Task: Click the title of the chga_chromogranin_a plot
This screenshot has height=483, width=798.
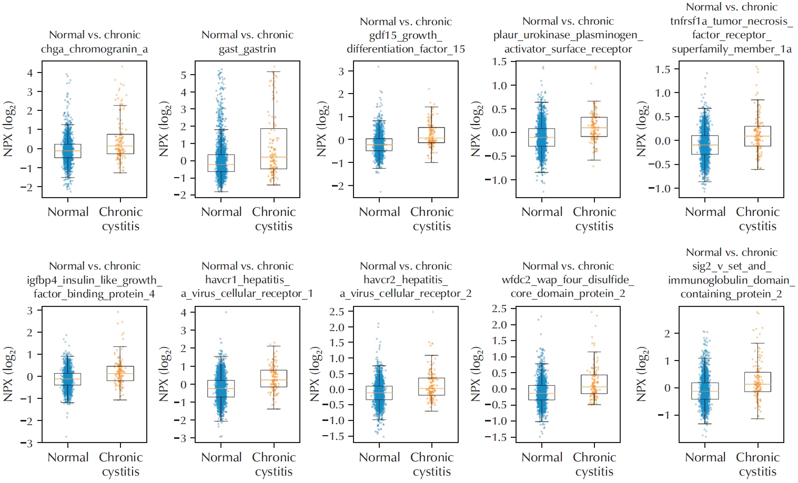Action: pyautogui.click(x=95, y=42)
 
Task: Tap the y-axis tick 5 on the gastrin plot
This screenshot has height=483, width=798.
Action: pyautogui.click(x=183, y=75)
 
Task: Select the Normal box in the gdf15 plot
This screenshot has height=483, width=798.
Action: pyautogui.click(x=379, y=145)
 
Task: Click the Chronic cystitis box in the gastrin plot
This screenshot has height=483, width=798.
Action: pyautogui.click(x=274, y=149)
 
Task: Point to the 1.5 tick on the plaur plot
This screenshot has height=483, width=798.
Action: pyautogui.click(x=499, y=62)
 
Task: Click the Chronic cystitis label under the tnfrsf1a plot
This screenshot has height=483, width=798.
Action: pyautogui.click(x=757, y=219)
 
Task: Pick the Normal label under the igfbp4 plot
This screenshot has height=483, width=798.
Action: pyautogui.click(x=68, y=457)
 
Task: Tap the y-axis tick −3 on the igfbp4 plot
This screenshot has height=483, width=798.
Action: pyautogui.click(x=26, y=443)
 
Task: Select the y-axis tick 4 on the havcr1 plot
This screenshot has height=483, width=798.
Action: pyautogui.click(x=184, y=312)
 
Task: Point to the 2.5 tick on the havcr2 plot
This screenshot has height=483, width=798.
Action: pyautogui.click(x=337, y=312)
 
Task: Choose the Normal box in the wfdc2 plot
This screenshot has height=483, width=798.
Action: pyautogui.click(x=542, y=393)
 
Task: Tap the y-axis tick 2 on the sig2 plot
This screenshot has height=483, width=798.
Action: pyautogui.click(x=667, y=334)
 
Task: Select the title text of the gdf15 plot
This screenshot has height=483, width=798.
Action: pyautogui.click(x=406, y=35)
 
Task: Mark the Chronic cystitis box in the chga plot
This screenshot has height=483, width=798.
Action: pyautogui.click(x=120, y=144)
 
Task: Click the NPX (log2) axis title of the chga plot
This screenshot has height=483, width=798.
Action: pyautogui.click(x=8, y=130)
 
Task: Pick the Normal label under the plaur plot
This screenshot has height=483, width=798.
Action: pyautogui.click(x=542, y=212)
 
